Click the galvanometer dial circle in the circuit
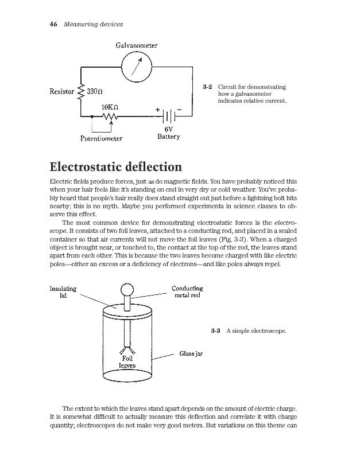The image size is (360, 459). coord(136,68)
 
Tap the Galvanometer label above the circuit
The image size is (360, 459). coord(136,45)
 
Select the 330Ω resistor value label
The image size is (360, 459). coord(95,92)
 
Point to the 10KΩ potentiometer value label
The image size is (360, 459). coord(109,107)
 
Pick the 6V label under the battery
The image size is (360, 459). coord(169,129)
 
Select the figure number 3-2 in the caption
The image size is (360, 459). coord(208,87)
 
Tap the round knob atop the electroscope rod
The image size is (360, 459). coord(126,290)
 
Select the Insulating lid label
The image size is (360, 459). coord(63,292)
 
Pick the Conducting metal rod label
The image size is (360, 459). coord(187,292)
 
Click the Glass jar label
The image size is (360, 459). coord(191,354)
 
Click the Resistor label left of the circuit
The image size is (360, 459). coord(62,92)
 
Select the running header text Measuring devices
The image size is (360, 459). coord(93,24)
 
